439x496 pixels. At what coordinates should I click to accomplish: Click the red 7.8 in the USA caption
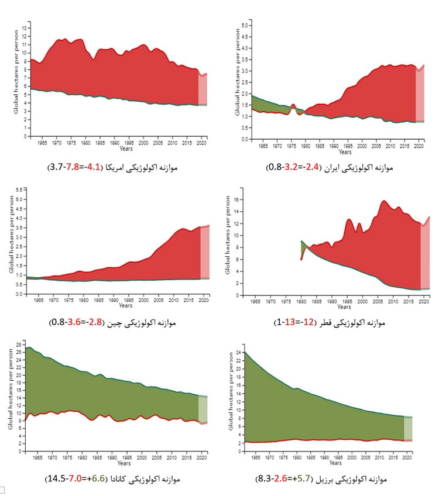pos(75,167)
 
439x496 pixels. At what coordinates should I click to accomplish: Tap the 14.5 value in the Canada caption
pos(54,478)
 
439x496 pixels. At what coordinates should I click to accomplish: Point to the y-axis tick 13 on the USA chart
pos(24,28)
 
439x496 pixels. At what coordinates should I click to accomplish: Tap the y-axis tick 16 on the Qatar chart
pos(238,199)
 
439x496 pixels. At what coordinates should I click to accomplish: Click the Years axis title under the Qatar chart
pos(344,306)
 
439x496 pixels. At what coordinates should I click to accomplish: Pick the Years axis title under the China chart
pos(125,305)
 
